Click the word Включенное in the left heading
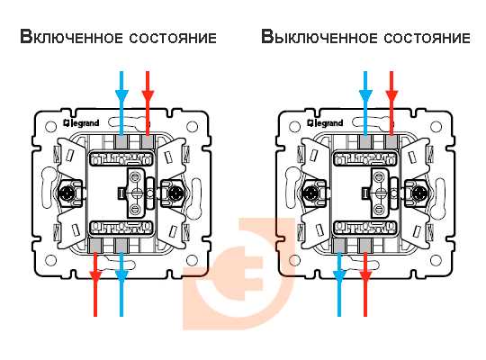(x=72, y=37)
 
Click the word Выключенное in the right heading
(x=319, y=37)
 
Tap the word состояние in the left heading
(x=173, y=38)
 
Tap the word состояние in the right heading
(x=427, y=38)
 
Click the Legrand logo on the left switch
(x=81, y=123)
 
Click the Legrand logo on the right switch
(x=325, y=123)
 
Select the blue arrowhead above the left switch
(x=121, y=95)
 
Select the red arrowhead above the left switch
(x=148, y=95)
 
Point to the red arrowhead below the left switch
(x=95, y=276)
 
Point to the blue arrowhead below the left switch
(x=121, y=276)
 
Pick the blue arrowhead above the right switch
(x=365, y=95)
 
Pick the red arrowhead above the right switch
(x=391, y=95)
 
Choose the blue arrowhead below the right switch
(x=339, y=276)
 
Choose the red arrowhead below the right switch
(x=365, y=276)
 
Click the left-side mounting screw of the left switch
(x=67, y=193)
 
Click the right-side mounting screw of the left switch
(x=175, y=193)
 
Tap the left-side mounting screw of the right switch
(x=311, y=193)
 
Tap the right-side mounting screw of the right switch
(x=418, y=193)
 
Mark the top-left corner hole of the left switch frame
(x=50, y=127)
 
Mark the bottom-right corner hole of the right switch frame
(x=436, y=260)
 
